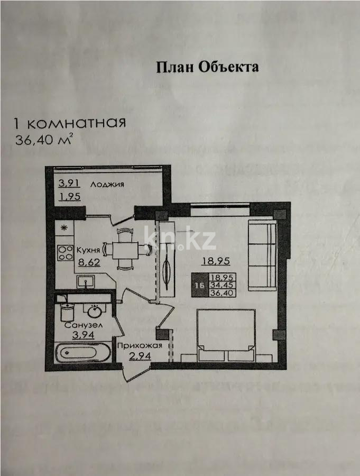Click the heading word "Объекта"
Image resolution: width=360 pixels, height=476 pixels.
(x=229, y=67)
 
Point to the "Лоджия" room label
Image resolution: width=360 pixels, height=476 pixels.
(x=107, y=185)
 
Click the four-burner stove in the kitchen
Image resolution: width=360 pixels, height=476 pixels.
(x=65, y=252)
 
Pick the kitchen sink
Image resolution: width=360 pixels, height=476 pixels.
(x=84, y=281)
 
